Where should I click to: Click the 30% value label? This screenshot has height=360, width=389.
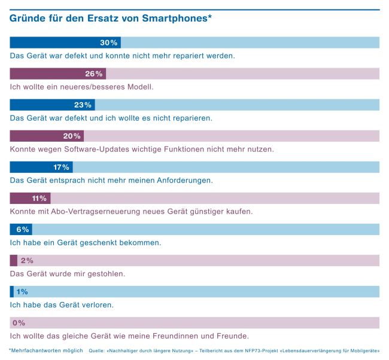tap(108, 43)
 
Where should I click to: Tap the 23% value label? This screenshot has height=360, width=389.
tap(83, 105)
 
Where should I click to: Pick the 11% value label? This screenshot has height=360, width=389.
tap(39, 199)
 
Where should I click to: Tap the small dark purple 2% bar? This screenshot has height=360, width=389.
tap(14, 261)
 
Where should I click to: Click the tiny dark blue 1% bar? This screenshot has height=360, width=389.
tap(12, 292)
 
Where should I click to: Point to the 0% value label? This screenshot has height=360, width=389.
tap(19, 323)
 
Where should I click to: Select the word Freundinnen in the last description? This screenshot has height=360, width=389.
tap(190, 335)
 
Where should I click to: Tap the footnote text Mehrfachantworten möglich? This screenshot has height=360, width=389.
tap(47, 350)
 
